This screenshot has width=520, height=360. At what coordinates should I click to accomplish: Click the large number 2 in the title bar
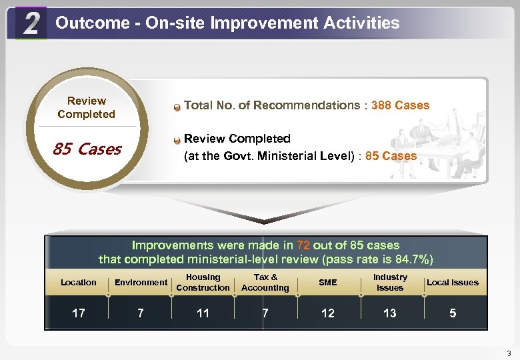pyautogui.click(x=30, y=24)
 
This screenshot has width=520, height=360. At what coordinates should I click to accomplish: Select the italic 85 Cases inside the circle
pyautogui.click(x=87, y=149)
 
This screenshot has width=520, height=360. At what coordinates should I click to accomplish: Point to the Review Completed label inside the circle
pyautogui.click(x=86, y=107)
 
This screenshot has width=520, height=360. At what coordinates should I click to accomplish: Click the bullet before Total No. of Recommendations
pyautogui.click(x=177, y=106)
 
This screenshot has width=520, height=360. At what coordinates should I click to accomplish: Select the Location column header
pyautogui.click(x=78, y=283)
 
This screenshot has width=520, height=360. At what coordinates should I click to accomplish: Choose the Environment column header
pyautogui.click(x=141, y=283)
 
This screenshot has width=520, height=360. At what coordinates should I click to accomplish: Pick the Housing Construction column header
pyautogui.click(x=203, y=283)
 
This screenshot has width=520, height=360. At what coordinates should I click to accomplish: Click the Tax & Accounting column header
pyautogui.click(x=265, y=283)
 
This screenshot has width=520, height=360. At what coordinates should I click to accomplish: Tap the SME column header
pyautogui.click(x=328, y=283)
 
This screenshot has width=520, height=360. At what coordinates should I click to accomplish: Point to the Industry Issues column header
pyautogui.click(x=390, y=283)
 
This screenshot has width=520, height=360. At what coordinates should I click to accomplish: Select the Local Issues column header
pyautogui.click(x=453, y=283)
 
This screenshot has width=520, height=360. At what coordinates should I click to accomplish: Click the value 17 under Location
pyautogui.click(x=78, y=313)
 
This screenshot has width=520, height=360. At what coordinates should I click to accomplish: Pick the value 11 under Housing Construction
pyautogui.click(x=203, y=313)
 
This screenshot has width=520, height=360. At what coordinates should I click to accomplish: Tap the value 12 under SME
pyautogui.click(x=328, y=313)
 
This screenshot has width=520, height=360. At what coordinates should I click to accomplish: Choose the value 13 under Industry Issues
pyautogui.click(x=390, y=313)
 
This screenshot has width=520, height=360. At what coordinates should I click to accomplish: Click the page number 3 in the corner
pyautogui.click(x=509, y=353)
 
